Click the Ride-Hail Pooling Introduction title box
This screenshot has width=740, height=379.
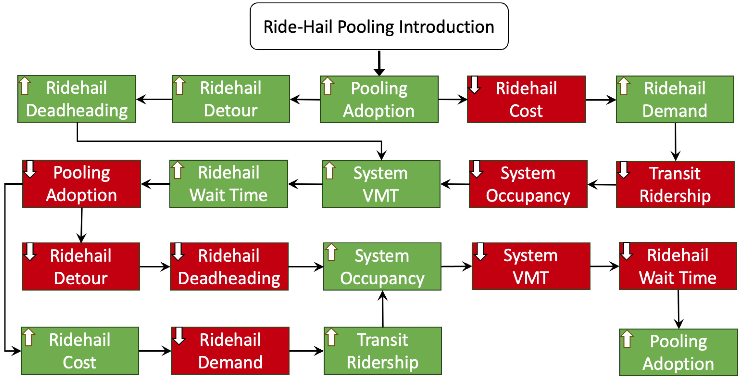coord(379,26)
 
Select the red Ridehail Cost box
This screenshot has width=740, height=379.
coord(526,99)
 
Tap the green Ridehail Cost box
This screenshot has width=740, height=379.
coord(80,351)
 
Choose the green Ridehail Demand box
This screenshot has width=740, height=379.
coord(675,99)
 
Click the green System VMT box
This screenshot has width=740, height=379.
coord(381,184)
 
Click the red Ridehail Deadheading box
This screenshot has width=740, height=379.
coord(229,267)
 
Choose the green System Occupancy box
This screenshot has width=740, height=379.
coord(382,267)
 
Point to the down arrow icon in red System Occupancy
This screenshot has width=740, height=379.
coord(477,169)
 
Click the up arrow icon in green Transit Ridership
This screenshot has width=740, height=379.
coord(332,337)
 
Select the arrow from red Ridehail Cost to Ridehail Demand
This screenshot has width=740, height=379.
coord(601,100)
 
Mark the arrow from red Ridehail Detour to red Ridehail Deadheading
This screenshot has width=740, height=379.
coord(155,267)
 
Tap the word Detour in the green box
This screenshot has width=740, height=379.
coord(231,110)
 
